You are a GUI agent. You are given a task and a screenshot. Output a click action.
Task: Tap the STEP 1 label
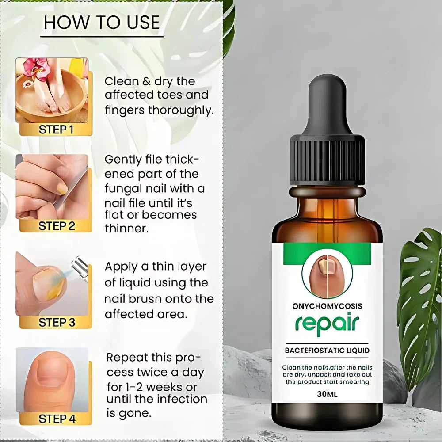(x=56, y=130)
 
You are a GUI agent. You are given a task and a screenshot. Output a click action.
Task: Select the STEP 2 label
(x=56, y=226)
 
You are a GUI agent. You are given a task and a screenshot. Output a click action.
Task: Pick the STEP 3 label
(x=56, y=323)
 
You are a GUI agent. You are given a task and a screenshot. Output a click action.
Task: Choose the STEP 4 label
(x=56, y=419)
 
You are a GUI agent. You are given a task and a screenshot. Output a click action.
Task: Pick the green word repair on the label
(x=327, y=324)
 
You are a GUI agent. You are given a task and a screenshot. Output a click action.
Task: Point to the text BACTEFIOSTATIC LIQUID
(x=327, y=351)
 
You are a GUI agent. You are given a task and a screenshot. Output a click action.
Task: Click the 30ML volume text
(x=327, y=395)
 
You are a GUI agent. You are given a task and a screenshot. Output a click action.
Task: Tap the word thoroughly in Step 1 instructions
(x=181, y=110)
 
